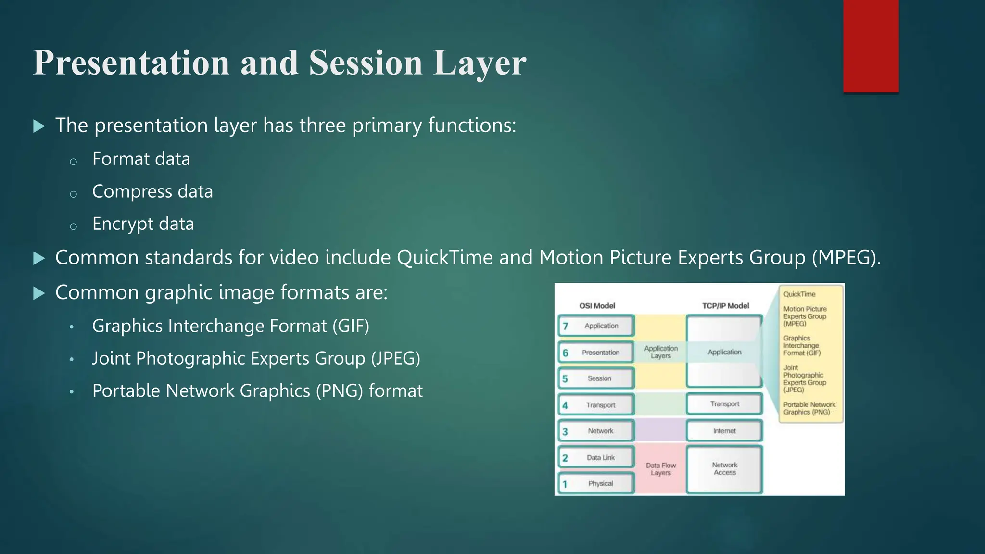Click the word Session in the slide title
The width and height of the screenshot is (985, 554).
click(365, 63)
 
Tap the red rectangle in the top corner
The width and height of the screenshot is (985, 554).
click(871, 46)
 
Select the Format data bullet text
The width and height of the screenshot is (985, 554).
click(141, 159)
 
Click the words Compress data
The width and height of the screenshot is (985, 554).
click(152, 191)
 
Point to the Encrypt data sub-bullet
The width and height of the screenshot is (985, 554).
click(143, 224)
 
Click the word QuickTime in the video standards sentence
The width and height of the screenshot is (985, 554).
click(444, 258)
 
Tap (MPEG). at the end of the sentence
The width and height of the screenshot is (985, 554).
click(846, 258)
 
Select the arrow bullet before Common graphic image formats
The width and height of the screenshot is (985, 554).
click(39, 293)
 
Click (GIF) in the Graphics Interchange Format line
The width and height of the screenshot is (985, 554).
click(351, 326)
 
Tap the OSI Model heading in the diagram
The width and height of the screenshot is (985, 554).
click(597, 306)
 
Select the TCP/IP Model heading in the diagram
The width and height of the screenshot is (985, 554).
click(725, 306)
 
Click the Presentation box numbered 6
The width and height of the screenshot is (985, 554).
click(596, 353)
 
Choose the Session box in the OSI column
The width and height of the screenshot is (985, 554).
click(596, 378)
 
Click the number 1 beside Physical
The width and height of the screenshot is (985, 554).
click(565, 484)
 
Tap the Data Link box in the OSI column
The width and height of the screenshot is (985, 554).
click(596, 457)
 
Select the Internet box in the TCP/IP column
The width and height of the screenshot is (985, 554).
click(724, 431)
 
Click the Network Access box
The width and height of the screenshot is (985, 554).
click(724, 469)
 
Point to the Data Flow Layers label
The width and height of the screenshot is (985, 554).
click(660, 469)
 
